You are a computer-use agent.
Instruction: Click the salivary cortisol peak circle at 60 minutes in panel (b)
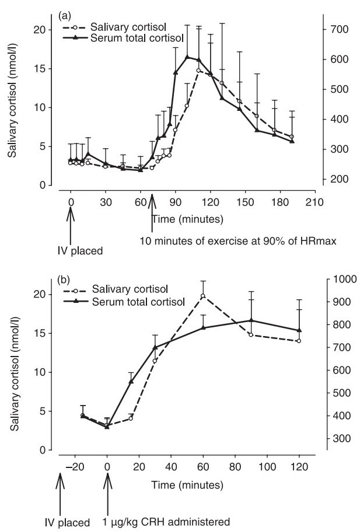[203, 296]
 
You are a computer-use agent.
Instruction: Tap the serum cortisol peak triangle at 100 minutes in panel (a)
[187, 57]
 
